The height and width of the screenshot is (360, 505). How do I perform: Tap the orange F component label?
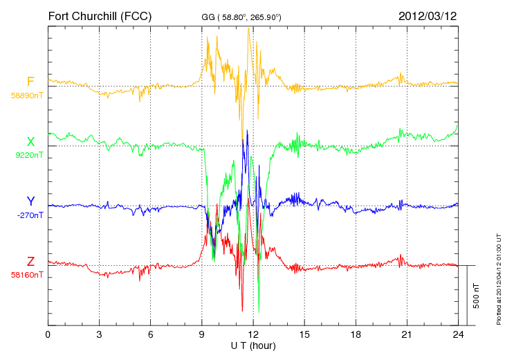[x=30, y=82]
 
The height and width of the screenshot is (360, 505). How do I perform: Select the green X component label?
[x=30, y=142]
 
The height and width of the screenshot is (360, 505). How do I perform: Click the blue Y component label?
[x=30, y=201]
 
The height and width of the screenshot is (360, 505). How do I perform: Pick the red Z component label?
[x=30, y=262]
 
